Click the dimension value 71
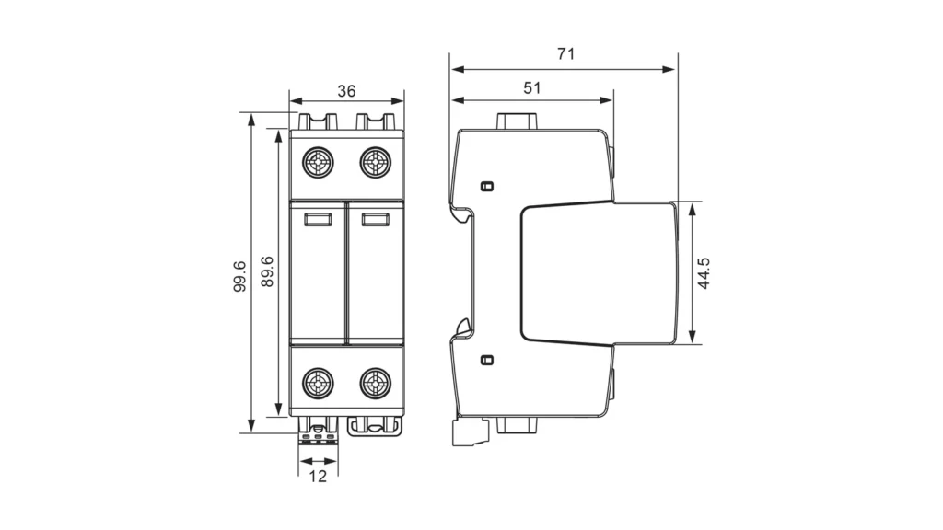pyautogui.click(x=566, y=54)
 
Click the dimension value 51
pyautogui.click(x=532, y=88)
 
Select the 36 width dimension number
pyautogui.click(x=346, y=91)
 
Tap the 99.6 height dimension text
pyautogui.click(x=239, y=276)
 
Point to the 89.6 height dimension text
pyautogui.click(x=267, y=271)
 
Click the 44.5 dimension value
pyautogui.click(x=704, y=273)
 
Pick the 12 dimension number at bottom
pyautogui.click(x=318, y=477)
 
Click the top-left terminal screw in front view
pyautogui.click(x=318, y=162)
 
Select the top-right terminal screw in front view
pyautogui.click(x=376, y=162)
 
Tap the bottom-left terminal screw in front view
pyautogui.click(x=318, y=383)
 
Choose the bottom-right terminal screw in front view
pyautogui.click(x=376, y=383)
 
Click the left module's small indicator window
pyautogui.click(x=318, y=219)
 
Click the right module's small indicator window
pyautogui.click(x=376, y=219)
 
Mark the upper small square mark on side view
pyautogui.click(x=487, y=186)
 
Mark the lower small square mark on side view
pyautogui.click(x=487, y=360)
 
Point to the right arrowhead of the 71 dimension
pyautogui.click(x=669, y=69)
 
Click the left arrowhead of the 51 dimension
pyautogui.click(x=459, y=99)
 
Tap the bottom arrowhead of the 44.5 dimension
pyautogui.click(x=693, y=337)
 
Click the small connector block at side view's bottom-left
pyautogui.click(x=470, y=432)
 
